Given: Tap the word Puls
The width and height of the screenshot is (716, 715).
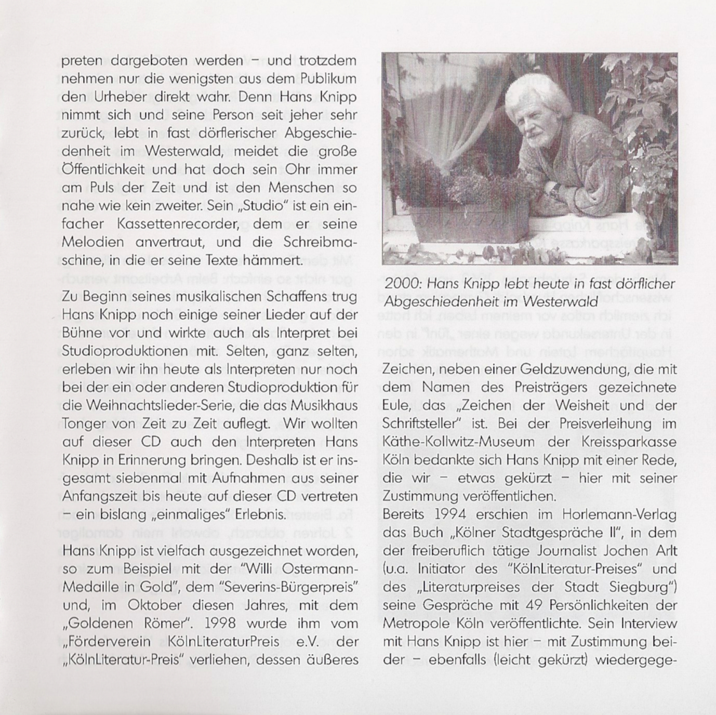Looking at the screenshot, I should click(x=96, y=188).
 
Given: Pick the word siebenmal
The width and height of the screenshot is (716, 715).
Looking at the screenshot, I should click(x=153, y=479).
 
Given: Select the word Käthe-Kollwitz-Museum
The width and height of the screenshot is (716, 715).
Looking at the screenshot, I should click(x=451, y=442).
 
